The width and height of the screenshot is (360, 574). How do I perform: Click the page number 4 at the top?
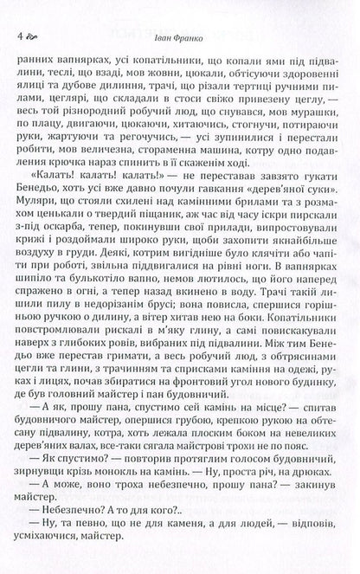[19, 37]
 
